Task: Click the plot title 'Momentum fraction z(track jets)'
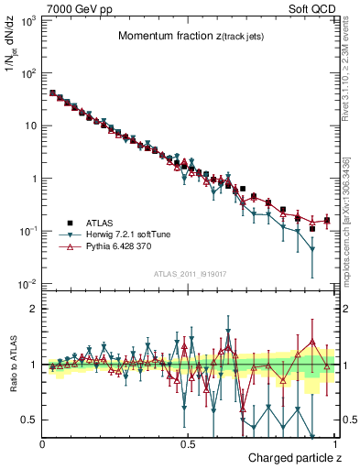(x=188, y=37)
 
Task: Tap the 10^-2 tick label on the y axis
(x=26, y=284)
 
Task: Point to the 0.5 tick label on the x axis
(x=188, y=444)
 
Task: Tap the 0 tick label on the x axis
(x=43, y=444)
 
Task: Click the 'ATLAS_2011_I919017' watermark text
(x=189, y=273)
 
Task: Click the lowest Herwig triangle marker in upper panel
(x=312, y=249)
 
